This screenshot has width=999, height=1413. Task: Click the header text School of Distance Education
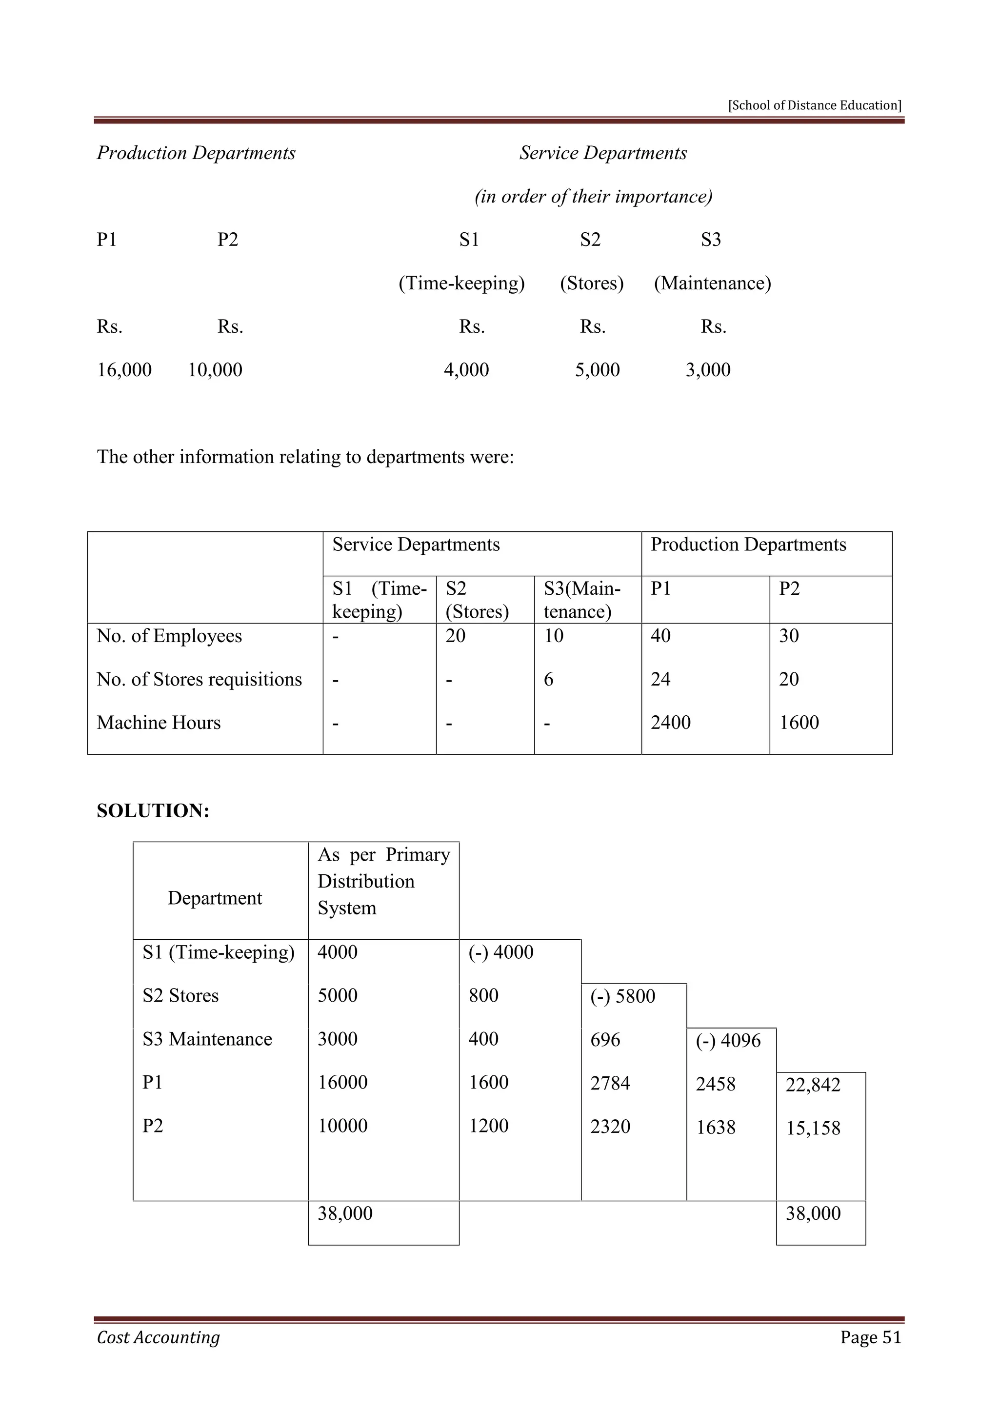[815, 105]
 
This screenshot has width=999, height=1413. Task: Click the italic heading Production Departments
[196, 153]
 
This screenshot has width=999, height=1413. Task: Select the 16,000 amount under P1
[124, 370]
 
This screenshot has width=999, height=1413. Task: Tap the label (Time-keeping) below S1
[461, 283]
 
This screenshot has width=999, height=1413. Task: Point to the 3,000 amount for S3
[708, 370]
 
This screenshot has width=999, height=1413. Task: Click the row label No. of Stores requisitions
[200, 680]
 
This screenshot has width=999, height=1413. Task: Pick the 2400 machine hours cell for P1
[671, 723]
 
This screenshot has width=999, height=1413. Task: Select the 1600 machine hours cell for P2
[799, 723]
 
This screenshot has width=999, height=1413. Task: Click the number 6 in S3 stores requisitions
[549, 680]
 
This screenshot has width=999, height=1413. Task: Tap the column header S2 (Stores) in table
[478, 600]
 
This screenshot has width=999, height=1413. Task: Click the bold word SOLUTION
[153, 810]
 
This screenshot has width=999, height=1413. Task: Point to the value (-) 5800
[622, 996]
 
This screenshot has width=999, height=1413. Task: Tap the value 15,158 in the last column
[813, 1128]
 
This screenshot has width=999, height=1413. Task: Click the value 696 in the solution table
[605, 1040]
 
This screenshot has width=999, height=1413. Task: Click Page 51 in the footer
[870, 1337]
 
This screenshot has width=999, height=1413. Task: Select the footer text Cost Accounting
[158, 1337]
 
